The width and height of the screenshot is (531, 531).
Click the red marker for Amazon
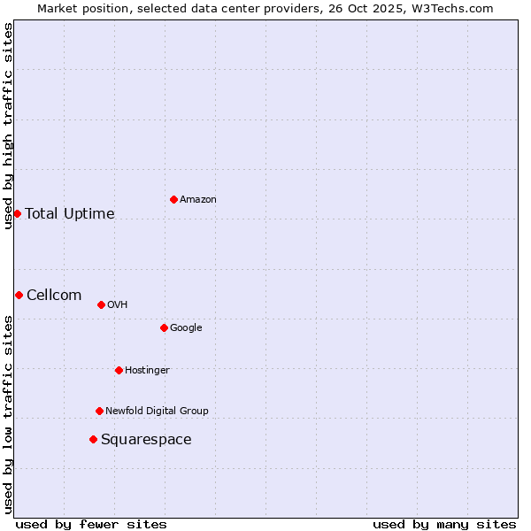tap(173, 199)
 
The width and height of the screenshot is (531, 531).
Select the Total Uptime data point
tap(17, 213)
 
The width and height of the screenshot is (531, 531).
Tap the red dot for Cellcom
tap(19, 295)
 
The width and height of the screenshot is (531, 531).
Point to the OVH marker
tap(101, 304)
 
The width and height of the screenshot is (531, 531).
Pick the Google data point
tap(164, 327)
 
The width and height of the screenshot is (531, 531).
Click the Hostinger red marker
tap(119, 370)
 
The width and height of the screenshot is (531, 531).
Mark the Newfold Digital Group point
tap(99, 411)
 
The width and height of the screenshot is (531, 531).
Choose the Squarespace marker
tap(93, 439)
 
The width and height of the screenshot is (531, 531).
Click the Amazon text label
tap(198, 200)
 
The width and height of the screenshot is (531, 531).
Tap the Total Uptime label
tap(70, 214)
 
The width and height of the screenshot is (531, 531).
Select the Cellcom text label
tap(54, 296)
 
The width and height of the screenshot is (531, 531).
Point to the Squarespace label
tap(146, 440)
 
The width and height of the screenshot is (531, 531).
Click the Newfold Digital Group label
tap(157, 411)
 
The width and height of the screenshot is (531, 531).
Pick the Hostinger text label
tap(147, 370)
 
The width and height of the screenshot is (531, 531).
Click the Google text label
tap(186, 327)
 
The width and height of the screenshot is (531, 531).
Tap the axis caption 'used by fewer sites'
tap(91, 524)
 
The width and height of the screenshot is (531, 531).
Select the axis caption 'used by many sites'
tap(444, 524)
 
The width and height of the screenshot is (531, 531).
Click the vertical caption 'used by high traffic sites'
tap(8, 126)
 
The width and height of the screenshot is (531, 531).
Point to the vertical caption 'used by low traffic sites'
tap(8, 414)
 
